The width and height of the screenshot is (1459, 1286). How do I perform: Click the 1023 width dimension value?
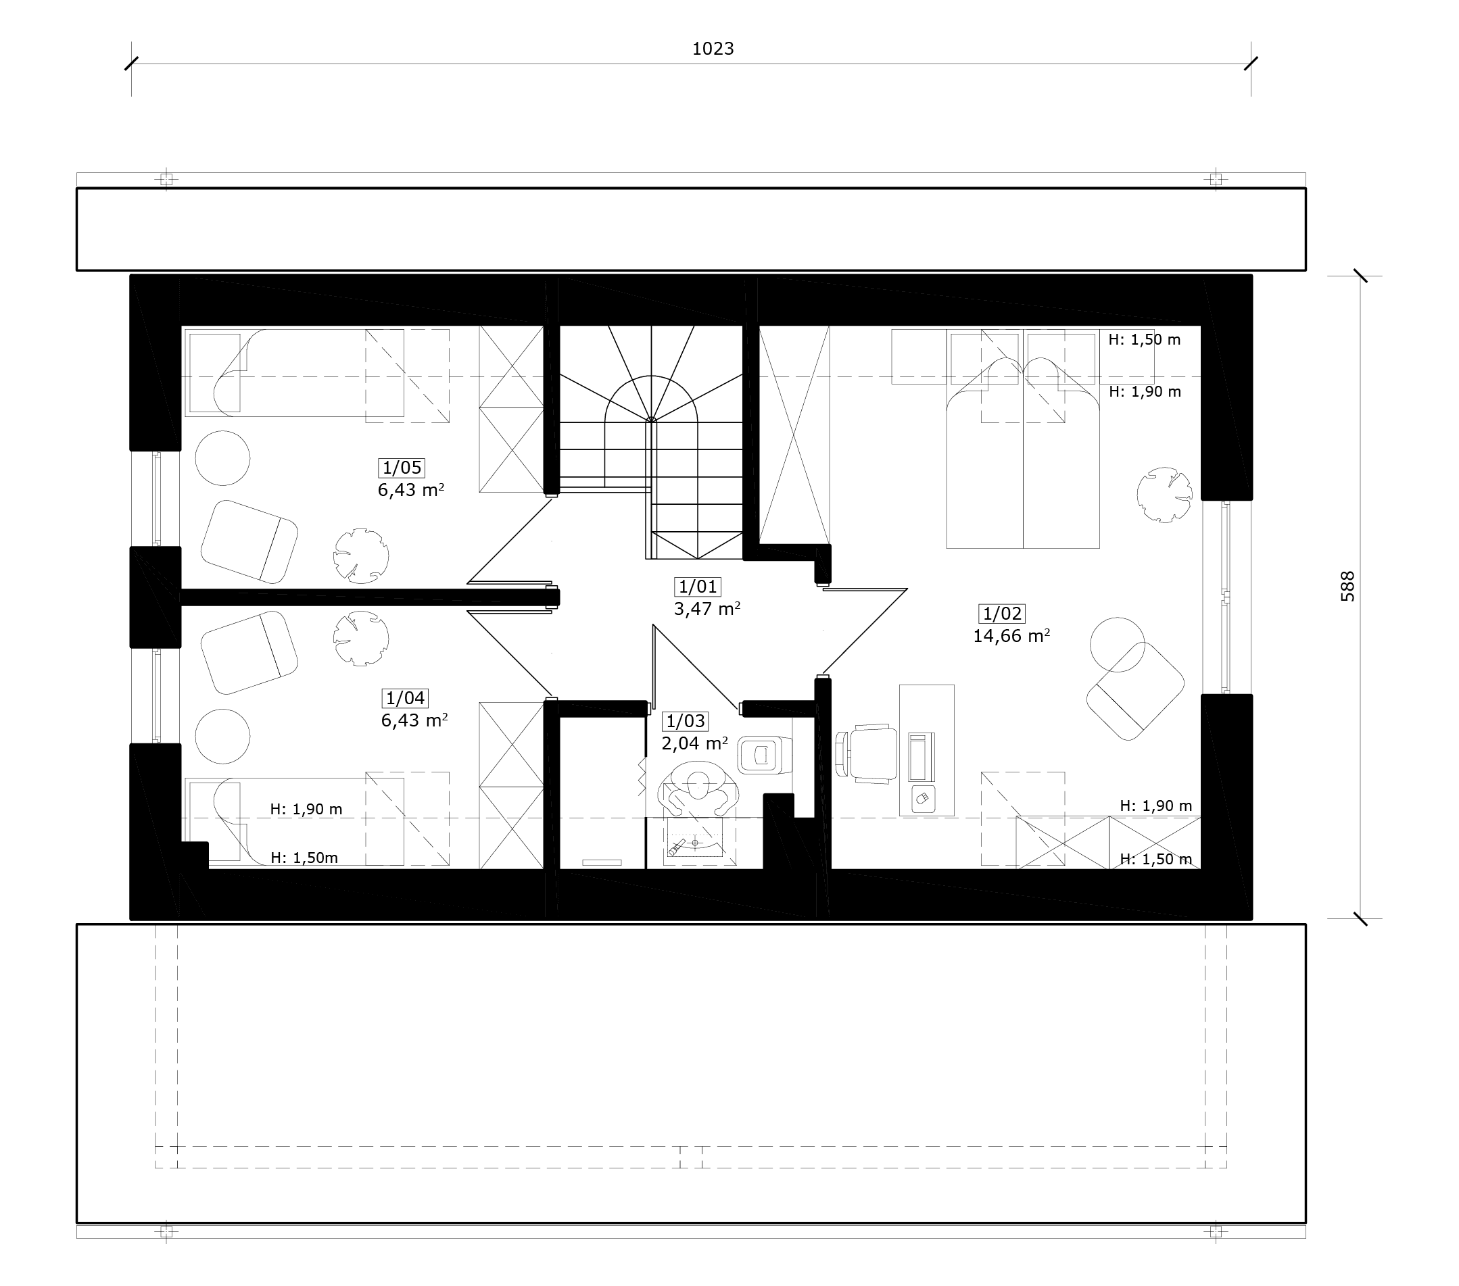pyautogui.click(x=713, y=49)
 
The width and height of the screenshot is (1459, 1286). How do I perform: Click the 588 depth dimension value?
pyautogui.click(x=1347, y=587)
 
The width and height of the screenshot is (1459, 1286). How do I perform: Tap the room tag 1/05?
pyautogui.click(x=402, y=468)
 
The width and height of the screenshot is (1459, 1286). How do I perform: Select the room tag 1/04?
pyautogui.click(x=406, y=698)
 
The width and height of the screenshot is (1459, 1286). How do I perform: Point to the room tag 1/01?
pyautogui.click(x=697, y=587)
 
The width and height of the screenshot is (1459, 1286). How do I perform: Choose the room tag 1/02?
pyautogui.click(x=1002, y=613)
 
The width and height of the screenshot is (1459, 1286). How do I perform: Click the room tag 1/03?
pyautogui.click(x=686, y=721)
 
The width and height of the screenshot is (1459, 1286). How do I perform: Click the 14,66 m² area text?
pyautogui.click(x=1011, y=636)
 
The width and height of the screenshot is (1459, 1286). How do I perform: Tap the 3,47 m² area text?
pyautogui.click(x=707, y=609)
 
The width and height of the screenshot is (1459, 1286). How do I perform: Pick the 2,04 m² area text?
pyautogui.click(x=694, y=743)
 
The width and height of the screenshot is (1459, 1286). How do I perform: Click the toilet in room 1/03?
pyautogui.click(x=765, y=755)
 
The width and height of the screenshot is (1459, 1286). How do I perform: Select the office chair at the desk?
pyautogui.click(x=867, y=754)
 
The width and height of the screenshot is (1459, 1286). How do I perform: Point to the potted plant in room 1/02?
pyautogui.click(x=1164, y=495)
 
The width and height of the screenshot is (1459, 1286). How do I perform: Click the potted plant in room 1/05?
pyautogui.click(x=361, y=556)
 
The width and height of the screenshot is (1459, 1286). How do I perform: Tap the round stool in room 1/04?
pyautogui.click(x=222, y=737)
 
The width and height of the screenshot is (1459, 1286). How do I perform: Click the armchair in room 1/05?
pyautogui.click(x=249, y=542)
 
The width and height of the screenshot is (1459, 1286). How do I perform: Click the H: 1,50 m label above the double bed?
pyautogui.click(x=1144, y=340)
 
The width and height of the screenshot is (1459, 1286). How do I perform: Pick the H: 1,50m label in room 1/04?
pyautogui.click(x=304, y=858)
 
